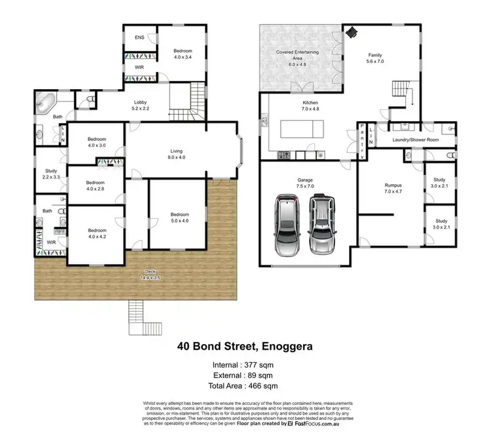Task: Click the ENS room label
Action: [140, 38]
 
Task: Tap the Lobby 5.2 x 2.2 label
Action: [140, 105]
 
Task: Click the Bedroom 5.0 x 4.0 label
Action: [180, 218]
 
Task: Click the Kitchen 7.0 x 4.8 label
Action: [310, 107]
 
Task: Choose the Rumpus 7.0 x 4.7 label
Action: [392, 189]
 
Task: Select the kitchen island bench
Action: [308, 128]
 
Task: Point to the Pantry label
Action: [361, 140]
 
